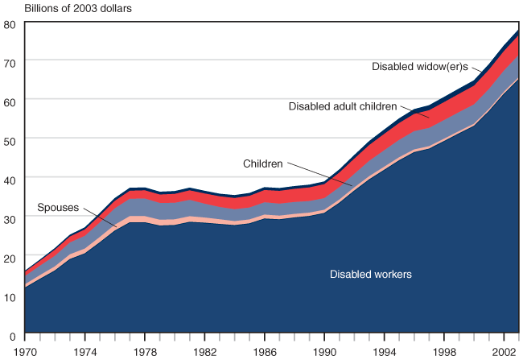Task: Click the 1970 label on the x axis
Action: pos(26,352)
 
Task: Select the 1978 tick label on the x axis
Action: pos(145,352)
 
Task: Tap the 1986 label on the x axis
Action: pos(265,352)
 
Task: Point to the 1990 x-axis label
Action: pos(324,352)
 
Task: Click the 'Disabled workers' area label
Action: pos(370,275)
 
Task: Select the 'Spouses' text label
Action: pos(56,209)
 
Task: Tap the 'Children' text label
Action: pos(263,163)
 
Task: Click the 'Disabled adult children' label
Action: pos(342,106)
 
